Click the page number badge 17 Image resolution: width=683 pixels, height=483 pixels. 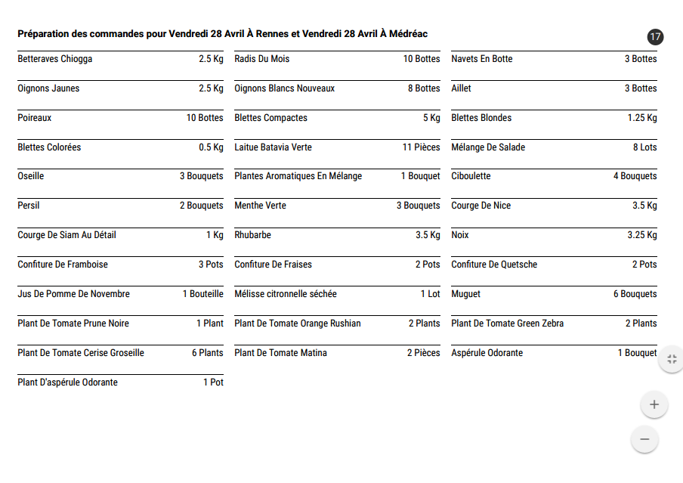[655, 36]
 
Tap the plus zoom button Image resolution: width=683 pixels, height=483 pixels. [654, 404]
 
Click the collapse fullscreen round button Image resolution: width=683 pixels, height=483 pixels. [671, 359]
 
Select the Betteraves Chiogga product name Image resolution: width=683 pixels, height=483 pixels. [55, 59]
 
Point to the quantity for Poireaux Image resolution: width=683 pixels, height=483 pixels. [205, 118]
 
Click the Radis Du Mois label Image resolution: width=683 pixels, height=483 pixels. [261, 59]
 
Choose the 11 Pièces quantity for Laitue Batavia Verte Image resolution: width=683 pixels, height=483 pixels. [421, 147]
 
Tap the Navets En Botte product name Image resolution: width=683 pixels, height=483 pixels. [481, 59]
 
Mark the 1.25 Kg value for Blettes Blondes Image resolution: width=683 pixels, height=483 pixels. [641, 118]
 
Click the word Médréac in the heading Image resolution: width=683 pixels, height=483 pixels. [406, 34]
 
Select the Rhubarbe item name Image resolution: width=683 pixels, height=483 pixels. [252, 235]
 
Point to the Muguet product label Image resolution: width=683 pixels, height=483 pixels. [465, 294]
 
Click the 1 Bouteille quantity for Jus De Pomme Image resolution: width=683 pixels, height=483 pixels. [202, 294]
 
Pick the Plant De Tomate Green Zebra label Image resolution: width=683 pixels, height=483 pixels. [507, 324]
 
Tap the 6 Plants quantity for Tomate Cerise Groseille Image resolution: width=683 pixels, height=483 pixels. [207, 353]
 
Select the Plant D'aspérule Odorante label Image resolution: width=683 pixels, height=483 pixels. [67, 382]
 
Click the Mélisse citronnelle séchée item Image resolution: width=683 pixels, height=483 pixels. [286, 294]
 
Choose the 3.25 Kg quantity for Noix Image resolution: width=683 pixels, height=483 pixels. [641, 235]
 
